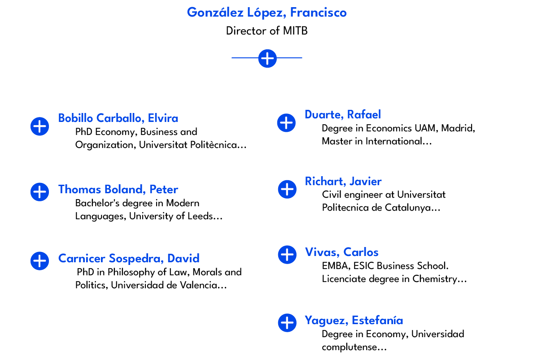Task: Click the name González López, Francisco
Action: [x=267, y=13]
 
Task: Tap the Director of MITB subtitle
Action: [x=267, y=31]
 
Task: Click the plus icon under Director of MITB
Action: [x=267, y=58]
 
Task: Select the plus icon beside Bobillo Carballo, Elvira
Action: [x=40, y=126]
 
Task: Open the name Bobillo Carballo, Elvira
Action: [x=118, y=118]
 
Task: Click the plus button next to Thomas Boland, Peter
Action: [x=40, y=192]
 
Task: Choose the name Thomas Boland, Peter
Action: [x=118, y=190]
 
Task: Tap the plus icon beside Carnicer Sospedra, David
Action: [x=40, y=260]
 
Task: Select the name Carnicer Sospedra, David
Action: [x=129, y=259]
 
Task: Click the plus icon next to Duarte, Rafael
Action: [x=286, y=123]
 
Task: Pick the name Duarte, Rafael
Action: [x=343, y=115]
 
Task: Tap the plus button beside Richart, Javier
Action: [x=287, y=189]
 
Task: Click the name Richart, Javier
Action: [x=343, y=182]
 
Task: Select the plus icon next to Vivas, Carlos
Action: [x=287, y=255]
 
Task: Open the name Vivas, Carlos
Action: [x=342, y=252]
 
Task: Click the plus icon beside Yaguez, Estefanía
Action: [x=287, y=323]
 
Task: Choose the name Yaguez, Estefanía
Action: [x=354, y=321]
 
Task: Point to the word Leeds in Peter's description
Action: [x=198, y=217]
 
